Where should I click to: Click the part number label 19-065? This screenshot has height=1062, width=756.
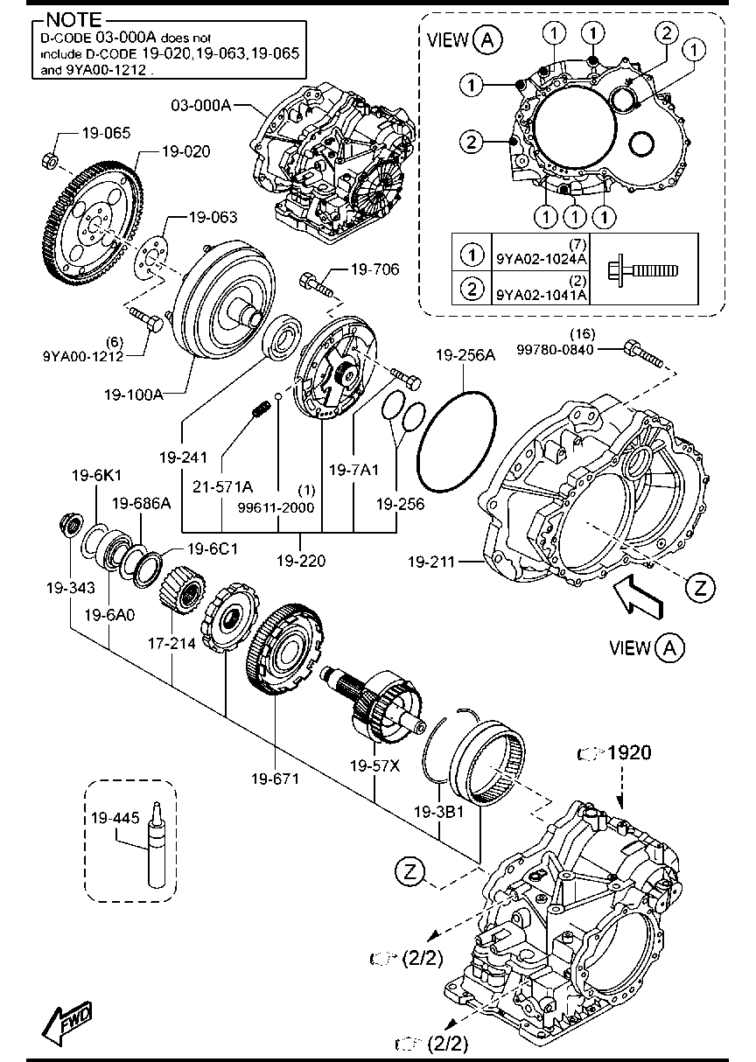pyautogui.click(x=106, y=134)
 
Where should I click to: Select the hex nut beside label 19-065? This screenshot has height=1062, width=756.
pyautogui.click(x=51, y=161)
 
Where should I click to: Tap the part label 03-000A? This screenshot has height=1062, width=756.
pyautogui.click(x=200, y=105)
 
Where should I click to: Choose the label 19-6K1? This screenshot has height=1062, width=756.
pyautogui.click(x=96, y=475)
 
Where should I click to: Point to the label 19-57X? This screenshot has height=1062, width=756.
pyautogui.click(x=374, y=765)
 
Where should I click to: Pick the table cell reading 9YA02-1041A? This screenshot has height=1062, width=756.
pyautogui.click(x=542, y=295)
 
